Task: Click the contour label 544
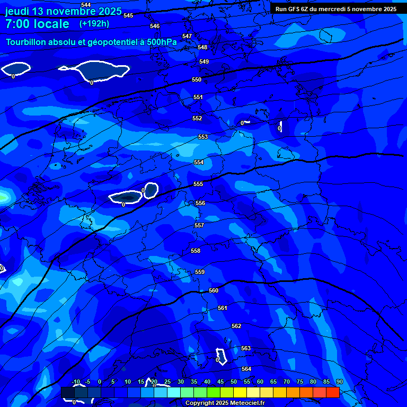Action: (86, 5)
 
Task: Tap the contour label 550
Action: (197, 79)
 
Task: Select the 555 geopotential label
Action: (198, 184)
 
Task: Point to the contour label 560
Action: (214, 290)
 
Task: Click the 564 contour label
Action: (246, 369)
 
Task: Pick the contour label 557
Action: (199, 225)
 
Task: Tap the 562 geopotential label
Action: (236, 326)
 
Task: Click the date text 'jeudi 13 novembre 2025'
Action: (63, 11)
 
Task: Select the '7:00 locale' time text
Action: (37, 24)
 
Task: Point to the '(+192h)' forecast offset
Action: (94, 23)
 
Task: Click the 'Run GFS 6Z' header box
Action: (336, 9)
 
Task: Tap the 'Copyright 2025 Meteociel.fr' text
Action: (225, 403)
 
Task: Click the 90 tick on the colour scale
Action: (339, 382)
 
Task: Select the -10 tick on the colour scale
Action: (76, 382)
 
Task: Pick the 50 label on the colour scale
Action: (234, 382)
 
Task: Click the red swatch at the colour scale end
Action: (332, 392)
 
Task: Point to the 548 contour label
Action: (202, 47)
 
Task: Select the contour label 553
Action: (203, 137)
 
